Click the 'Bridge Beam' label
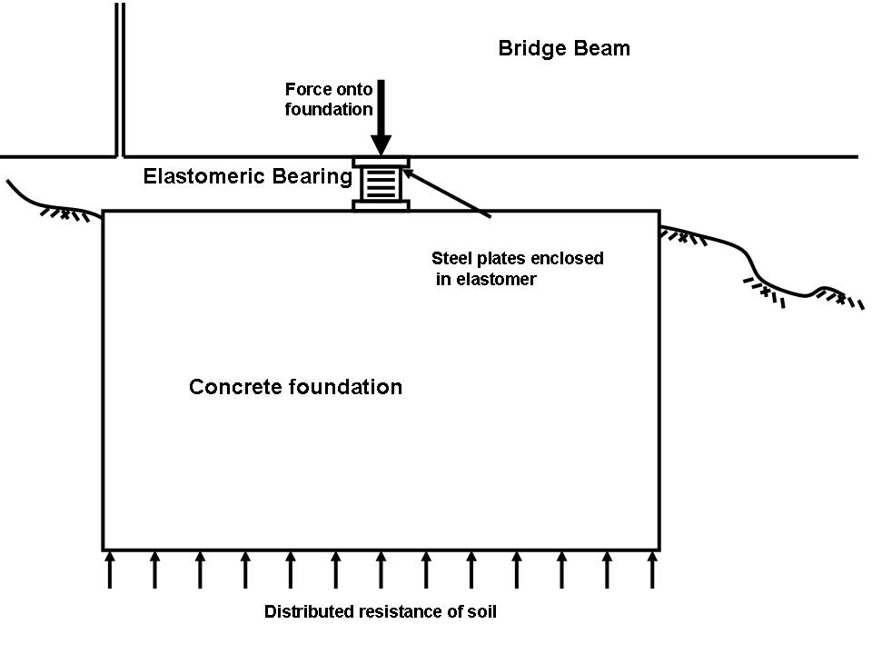[563, 48]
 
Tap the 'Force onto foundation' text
[329, 100]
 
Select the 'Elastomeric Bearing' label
[247, 176]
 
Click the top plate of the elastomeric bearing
[381, 163]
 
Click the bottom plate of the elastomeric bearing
[381, 205]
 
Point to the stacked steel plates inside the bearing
[381, 183]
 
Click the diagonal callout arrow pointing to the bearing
[445, 192]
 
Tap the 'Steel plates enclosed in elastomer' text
[516, 269]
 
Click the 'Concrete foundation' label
[295, 387]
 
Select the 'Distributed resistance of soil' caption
[381, 611]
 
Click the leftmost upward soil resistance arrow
[110, 570]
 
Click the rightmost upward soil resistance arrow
[651, 570]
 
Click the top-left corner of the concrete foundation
[103, 212]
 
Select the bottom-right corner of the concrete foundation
[659, 550]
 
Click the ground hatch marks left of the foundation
[68, 214]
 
